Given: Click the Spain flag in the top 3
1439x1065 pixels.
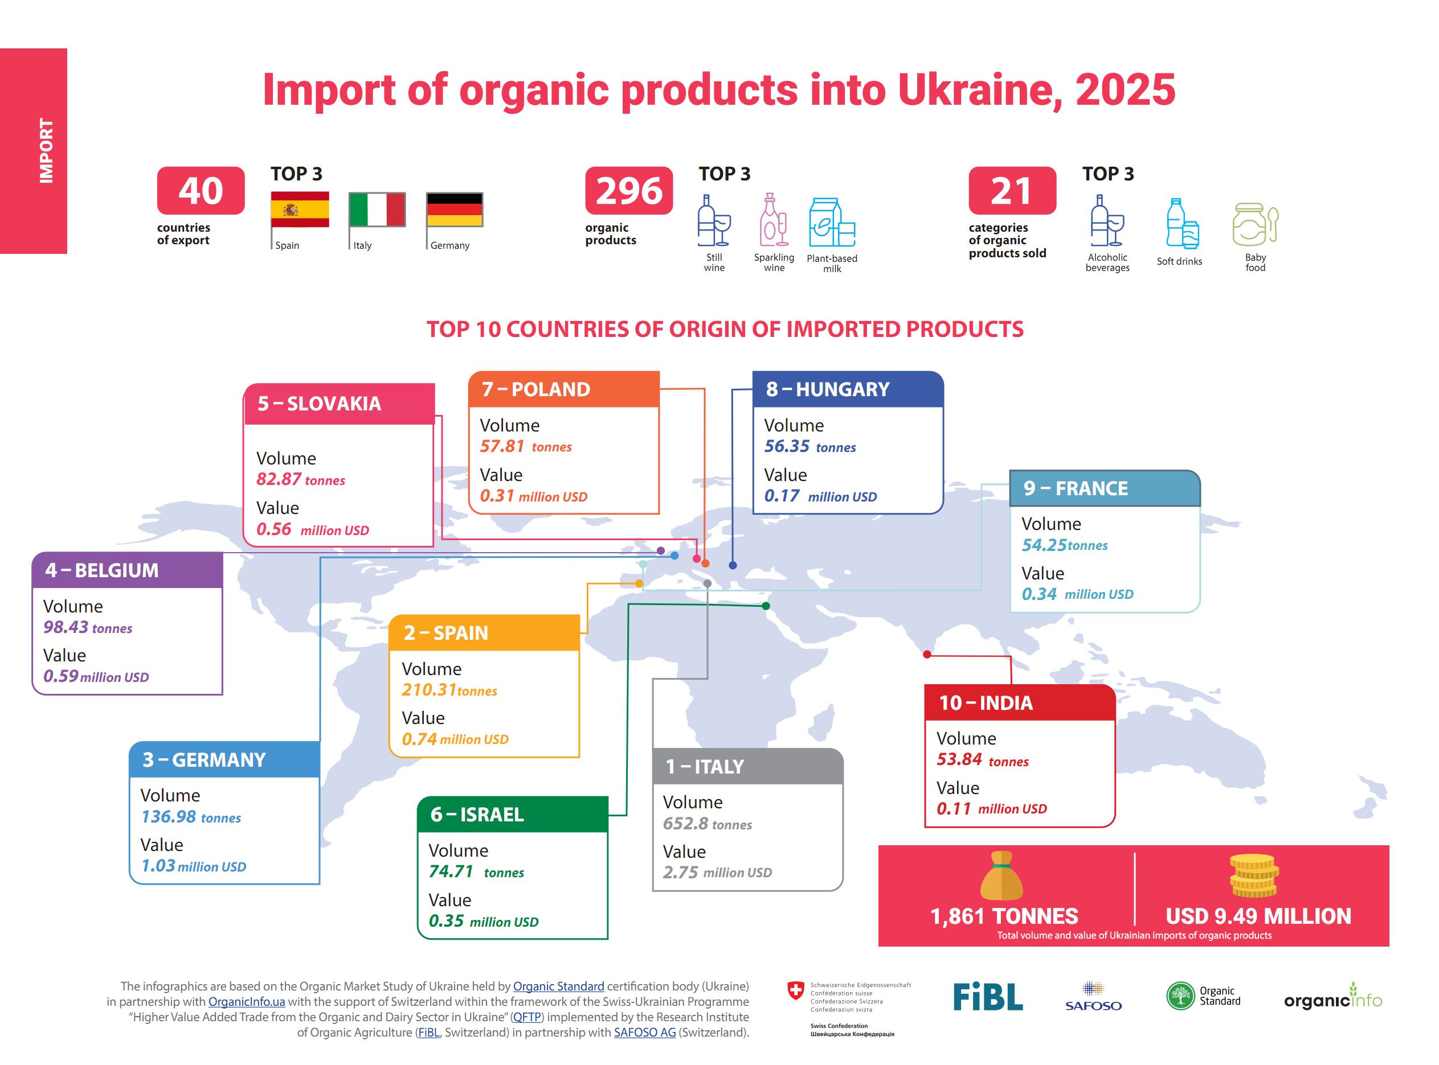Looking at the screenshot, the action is tap(300, 209).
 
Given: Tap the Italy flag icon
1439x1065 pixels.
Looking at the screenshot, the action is tap(377, 209).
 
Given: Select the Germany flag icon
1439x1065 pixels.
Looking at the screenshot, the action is tap(455, 209).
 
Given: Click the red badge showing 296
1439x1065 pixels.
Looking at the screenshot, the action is tap(629, 191).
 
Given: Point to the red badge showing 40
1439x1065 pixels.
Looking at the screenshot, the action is tap(201, 191).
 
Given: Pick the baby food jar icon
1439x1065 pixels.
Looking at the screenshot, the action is tap(1255, 224).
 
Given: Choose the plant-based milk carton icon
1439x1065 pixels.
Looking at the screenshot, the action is tap(832, 223).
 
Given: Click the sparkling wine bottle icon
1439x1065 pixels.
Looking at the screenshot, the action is tap(774, 220).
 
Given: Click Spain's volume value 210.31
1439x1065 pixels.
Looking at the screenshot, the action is tap(429, 690).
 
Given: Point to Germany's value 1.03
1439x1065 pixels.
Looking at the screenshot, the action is tap(158, 866).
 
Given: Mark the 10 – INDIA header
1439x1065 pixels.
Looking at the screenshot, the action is tap(986, 702).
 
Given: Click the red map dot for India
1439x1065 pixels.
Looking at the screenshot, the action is tap(927, 655).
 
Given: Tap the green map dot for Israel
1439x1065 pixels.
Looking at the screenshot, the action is tap(766, 606).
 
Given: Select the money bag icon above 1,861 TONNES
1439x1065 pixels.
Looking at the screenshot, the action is tap(1001, 876).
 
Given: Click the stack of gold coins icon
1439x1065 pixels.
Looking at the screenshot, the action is tap(1254, 876).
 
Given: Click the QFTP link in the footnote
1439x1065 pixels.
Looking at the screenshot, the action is tap(527, 1017).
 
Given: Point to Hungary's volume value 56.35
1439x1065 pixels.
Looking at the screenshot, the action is tap(787, 446).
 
